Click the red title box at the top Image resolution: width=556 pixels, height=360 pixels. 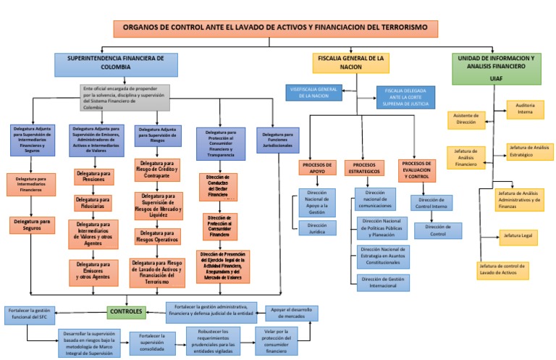[x=276, y=28]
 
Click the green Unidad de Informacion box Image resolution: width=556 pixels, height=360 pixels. [x=496, y=67]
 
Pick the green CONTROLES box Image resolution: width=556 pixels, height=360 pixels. [x=127, y=311]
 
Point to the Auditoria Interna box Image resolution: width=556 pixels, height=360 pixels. [x=524, y=109]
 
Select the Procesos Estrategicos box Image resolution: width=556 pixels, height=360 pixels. [x=364, y=168]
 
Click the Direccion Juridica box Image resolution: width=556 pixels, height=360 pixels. [x=317, y=229]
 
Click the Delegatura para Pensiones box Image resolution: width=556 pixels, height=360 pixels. [x=93, y=177]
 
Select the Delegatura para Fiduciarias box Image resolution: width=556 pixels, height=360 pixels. [x=93, y=203]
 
